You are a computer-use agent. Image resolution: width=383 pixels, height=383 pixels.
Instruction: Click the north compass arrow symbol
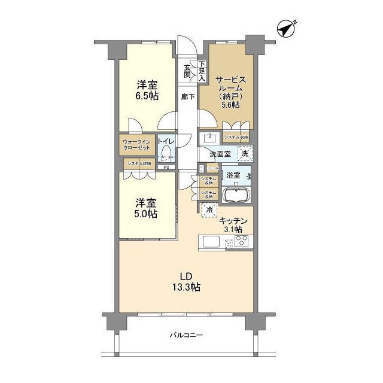coord(287,28)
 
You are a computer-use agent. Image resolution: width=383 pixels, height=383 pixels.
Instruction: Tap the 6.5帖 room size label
coord(146,95)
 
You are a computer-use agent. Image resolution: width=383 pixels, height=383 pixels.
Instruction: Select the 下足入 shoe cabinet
coord(202,71)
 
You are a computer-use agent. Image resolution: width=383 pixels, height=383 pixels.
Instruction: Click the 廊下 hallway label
coord(188,97)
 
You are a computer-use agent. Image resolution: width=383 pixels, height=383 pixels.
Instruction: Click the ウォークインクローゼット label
coord(136,146)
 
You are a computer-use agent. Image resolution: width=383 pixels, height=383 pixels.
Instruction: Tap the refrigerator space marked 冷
coord(209,209)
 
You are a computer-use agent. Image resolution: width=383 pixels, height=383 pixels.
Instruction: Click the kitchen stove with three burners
coord(243,242)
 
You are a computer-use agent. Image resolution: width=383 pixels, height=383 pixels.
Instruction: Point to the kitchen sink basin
coord(211,243)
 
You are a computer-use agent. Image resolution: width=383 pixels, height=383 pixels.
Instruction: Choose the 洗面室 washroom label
coord(219,153)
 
